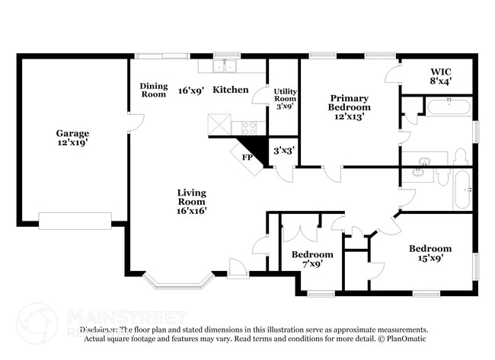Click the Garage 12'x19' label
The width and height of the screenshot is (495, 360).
[x=72, y=139]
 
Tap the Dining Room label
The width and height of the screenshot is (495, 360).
[x=153, y=91]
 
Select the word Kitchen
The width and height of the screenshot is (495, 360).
[x=230, y=90]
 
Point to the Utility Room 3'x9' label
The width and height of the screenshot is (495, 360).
[x=286, y=98]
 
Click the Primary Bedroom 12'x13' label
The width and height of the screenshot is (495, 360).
[x=349, y=107]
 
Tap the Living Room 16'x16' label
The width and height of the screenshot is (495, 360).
[x=192, y=202]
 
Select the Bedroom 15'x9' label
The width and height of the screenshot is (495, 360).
[x=430, y=253]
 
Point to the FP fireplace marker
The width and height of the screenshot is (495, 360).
[x=247, y=158]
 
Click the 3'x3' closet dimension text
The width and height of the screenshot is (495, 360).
[x=284, y=150]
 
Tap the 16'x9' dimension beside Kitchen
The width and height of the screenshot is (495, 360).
[x=190, y=90]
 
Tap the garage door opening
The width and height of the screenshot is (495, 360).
[x=75, y=221]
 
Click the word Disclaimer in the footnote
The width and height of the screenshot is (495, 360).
[x=100, y=330]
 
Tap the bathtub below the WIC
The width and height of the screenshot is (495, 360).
[x=449, y=107]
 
